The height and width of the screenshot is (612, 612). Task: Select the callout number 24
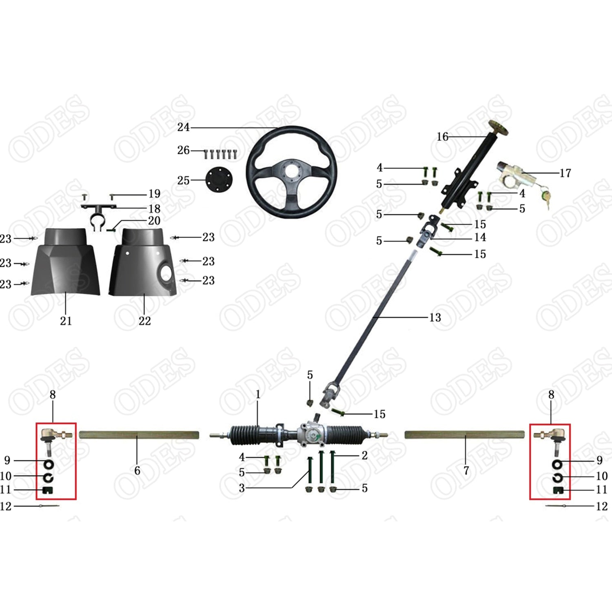tap(183, 127)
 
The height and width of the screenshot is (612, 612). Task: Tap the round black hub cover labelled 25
tap(219, 180)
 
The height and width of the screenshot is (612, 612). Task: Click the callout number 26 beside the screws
tap(183, 151)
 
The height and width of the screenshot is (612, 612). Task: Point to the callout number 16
tap(442, 137)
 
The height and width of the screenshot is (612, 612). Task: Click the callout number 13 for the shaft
tap(435, 317)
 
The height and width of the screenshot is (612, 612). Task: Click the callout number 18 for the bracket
tap(154, 208)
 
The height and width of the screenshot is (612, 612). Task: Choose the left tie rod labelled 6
tap(139, 435)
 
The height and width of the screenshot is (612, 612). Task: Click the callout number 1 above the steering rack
tap(258, 395)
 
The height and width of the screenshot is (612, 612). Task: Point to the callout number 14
tap(480, 237)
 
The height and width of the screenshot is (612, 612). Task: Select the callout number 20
tap(154, 221)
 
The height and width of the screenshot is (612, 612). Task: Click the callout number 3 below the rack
tap(242, 488)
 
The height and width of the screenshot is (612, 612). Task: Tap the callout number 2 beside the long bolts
tap(364, 455)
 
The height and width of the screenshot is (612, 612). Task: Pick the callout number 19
tap(154, 193)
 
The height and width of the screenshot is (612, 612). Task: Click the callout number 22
tap(144, 321)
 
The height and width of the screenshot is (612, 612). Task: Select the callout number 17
tap(565, 173)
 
